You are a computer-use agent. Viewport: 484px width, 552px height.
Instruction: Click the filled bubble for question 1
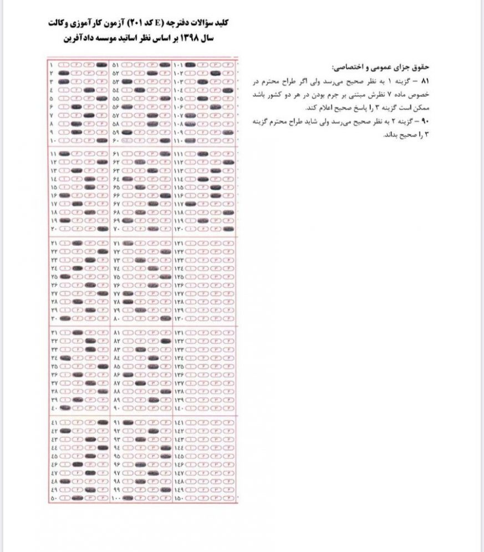point(101,65)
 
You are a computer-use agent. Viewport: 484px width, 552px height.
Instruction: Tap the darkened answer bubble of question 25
point(65,276)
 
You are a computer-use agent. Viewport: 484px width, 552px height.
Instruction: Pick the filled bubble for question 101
point(190,65)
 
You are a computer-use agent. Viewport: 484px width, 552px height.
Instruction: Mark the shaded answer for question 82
point(164,341)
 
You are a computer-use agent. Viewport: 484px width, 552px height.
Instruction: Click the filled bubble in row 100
point(128,500)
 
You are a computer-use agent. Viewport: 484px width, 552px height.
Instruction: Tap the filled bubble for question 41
point(101,422)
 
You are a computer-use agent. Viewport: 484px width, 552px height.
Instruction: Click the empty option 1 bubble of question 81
point(128,332)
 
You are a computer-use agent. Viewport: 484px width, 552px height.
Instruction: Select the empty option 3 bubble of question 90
point(152,409)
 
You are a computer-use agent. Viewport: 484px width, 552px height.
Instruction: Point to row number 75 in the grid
point(116,276)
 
